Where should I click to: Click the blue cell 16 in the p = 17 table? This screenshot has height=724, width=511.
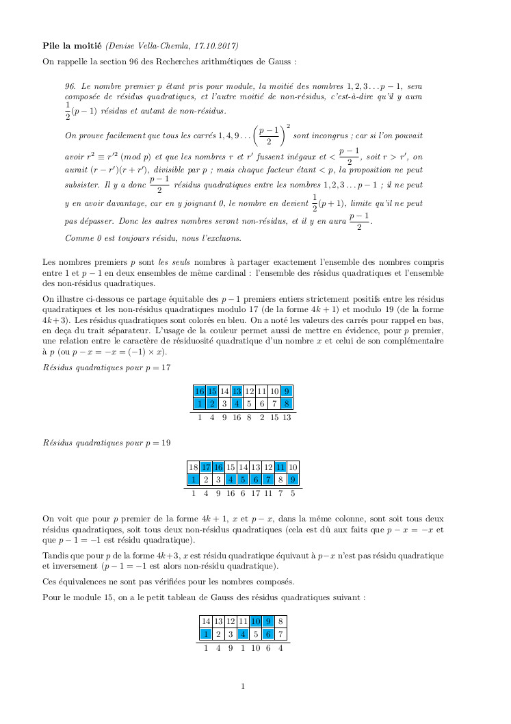200,391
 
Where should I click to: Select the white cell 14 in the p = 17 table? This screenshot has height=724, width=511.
224,391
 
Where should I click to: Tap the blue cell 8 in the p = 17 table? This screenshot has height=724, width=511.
287,404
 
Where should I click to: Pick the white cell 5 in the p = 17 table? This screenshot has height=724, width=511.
250,404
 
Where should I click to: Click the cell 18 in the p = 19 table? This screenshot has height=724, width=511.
194,467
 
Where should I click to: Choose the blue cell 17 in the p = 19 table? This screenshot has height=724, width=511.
206,467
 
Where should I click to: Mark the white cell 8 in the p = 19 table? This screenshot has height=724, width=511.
280,480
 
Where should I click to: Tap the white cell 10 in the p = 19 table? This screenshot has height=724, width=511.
293,467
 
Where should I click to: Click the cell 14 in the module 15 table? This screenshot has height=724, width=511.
206,621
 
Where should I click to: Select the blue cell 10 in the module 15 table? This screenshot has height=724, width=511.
255,621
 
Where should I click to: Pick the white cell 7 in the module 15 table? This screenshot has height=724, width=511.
280,634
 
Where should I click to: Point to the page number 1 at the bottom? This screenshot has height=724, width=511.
243,686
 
